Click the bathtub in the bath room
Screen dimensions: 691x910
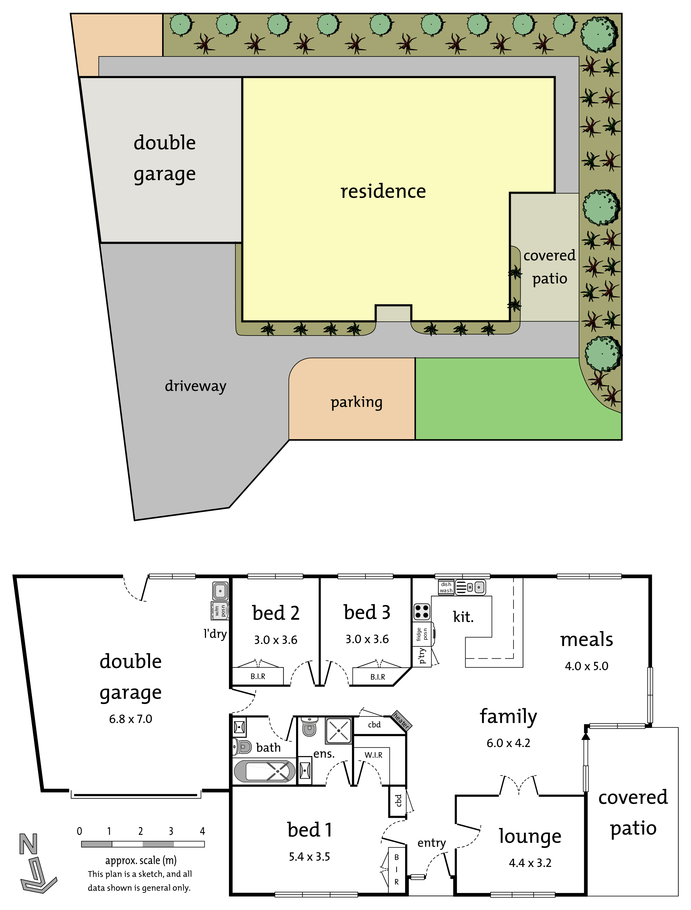tap(265, 771)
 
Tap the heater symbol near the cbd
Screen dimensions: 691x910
tap(401, 720)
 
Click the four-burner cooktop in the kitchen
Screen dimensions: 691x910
tap(422, 612)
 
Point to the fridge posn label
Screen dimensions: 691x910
tap(422, 634)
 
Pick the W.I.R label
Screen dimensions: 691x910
tap(374, 755)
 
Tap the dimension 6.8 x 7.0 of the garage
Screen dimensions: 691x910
tap(130, 719)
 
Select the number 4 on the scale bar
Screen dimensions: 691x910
tap(202, 831)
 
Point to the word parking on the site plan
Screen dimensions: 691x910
tap(357, 402)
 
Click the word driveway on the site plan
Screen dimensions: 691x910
tap(195, 386)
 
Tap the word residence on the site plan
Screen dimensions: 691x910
tap(383, 191)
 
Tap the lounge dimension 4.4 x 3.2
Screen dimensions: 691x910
tap(530, 863)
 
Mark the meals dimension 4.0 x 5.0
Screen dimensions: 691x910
tap(586, 666)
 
